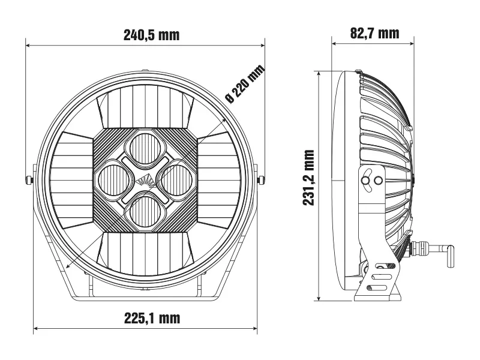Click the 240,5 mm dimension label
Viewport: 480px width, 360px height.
coord(152,35)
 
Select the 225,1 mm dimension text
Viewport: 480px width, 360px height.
coord(152,318)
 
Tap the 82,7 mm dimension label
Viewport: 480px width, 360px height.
coord(374,33)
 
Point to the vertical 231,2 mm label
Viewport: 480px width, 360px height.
coord(308,178)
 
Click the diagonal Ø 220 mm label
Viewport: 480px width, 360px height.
coord(245,84)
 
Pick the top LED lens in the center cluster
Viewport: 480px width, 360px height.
coord(145,149)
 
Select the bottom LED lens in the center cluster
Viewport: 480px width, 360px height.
coord(145,212)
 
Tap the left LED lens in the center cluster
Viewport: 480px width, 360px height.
coord(114,181)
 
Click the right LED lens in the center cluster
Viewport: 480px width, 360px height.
coord(176,181)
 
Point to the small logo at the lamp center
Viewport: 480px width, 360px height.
coord(146,181)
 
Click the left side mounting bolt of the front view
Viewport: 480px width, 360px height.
coord(29,179)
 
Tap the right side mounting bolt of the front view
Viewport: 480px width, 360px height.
coord(261,179)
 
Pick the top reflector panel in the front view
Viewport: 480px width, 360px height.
coord(145,106)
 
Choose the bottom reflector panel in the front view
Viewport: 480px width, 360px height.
coord(145,253)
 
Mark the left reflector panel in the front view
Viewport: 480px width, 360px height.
coord(71,181)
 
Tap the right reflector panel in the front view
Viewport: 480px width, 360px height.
coord(219,181)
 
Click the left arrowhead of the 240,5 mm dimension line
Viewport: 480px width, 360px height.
coord(28,46)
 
